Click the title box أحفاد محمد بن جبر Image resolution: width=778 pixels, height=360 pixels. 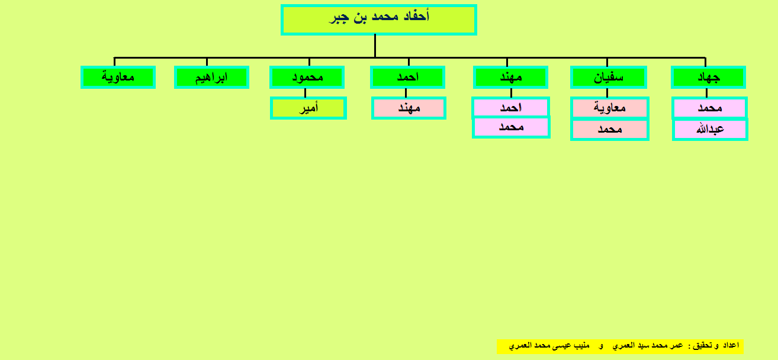[x=378, y=20]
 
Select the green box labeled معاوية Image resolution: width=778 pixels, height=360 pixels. [x=118, y=77]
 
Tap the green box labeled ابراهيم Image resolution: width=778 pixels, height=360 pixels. [x=211, y=77]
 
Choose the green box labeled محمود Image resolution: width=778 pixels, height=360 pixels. [x=307, y=77]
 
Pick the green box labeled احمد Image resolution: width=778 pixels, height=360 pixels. [x=408, y=77]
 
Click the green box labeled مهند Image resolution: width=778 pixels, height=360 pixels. [x=510, y=77]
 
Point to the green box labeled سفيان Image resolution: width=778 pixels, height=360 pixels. [x=609, y=77]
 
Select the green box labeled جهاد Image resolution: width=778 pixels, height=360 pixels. [x=709, y=77]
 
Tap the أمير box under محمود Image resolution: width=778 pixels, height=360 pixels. [x=308, y=108]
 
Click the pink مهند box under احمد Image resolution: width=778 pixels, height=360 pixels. [x=409, y=108]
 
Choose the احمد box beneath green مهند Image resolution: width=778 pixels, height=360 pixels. [x=510, y=107]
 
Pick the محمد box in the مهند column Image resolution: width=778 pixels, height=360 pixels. [x=511, y=127]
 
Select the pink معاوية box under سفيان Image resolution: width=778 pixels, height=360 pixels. [x=609, y=108]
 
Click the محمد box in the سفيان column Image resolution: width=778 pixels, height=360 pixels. [x=609, y=130]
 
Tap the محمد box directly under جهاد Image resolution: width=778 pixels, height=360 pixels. [x=710, y=108]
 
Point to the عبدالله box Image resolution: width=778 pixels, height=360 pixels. [x=710, y=129]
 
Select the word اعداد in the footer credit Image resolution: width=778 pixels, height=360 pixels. [x=731, y=345]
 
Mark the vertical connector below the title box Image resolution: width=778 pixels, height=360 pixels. [x=375, y=46]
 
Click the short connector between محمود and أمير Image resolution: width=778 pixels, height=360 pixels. [x=306, y=93]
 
